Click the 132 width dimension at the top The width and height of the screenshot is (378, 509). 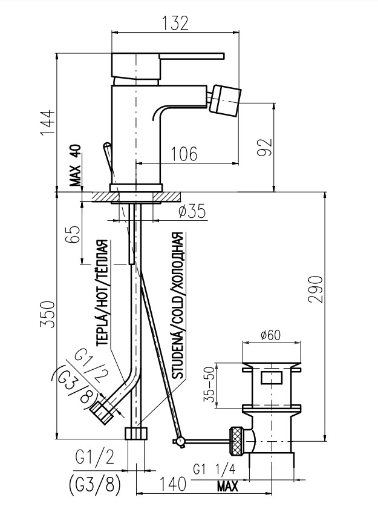(175, 23)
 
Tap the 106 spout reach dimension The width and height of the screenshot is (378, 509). (184, 154)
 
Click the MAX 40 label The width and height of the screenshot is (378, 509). (76, 166)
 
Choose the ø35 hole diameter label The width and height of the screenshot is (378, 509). (192, 211)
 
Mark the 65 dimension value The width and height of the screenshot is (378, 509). (72, 234)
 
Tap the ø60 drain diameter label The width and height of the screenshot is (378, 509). (270, 335)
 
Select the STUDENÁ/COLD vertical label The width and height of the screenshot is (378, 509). (177, 306)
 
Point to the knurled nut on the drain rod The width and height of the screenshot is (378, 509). (237, 441)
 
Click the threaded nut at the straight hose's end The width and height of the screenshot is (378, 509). (136, 433)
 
